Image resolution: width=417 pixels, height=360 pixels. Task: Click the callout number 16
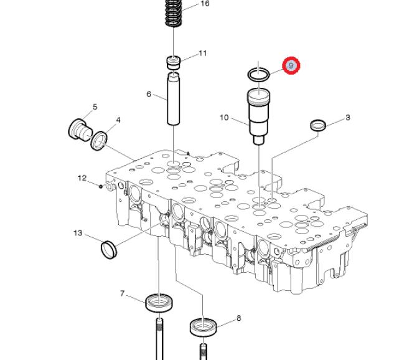[x=205, y=4]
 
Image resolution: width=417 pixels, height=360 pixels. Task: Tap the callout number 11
[x=203, y=53]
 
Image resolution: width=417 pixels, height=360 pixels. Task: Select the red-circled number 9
[x=291, y=65]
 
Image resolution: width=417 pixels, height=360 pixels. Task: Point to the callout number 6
[x=149, y=94]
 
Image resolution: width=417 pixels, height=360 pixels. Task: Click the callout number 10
[x=224, y=117]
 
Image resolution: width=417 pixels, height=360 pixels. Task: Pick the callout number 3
[x=347, y=117]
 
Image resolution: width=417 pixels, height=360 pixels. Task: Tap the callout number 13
[x=78, y=233]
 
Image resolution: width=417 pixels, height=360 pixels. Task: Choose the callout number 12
[x=82, y=178]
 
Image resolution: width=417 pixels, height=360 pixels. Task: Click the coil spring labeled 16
[x=174, y=13]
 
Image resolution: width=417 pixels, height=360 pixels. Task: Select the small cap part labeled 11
[x=174, y=63]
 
